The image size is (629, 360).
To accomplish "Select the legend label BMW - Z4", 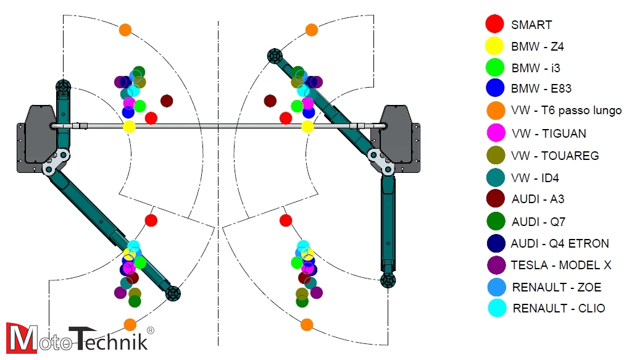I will coord(537,46).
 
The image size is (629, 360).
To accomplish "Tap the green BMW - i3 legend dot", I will coord(495,67).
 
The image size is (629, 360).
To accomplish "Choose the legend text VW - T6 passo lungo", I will coord(566,111).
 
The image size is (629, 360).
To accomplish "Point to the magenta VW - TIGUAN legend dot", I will coord(495,133).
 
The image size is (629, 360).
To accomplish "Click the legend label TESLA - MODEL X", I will coord(560,265).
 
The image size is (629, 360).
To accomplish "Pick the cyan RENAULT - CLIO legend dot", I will coord(496,308).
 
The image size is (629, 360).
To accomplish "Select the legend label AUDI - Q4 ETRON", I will coord(560,243).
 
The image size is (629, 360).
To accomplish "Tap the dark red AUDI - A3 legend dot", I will coord(495,199).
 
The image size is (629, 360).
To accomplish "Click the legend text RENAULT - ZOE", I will coord(556,287).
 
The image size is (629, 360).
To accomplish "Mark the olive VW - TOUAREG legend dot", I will coord(495,156).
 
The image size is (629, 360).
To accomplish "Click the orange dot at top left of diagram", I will coord(125,29).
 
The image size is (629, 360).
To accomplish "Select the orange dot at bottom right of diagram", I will coord(307,324).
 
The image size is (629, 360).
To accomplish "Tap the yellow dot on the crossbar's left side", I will coord(129,127).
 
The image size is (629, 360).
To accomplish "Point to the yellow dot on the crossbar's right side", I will coord(307,127).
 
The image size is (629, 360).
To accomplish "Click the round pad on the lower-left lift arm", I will coord(173,294).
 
